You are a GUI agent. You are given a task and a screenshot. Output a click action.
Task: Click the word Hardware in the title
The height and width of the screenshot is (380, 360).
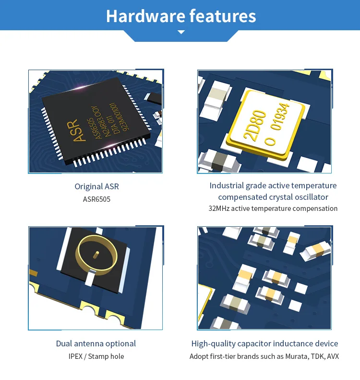click(x=145, y=16)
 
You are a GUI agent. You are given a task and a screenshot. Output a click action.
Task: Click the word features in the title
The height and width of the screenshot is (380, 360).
click(x=223, y=16)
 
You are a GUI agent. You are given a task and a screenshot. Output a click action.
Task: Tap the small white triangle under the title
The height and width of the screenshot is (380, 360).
click(x=181, y=32)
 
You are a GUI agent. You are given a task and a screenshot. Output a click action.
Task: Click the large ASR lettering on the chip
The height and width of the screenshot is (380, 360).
click(x=76, y=130)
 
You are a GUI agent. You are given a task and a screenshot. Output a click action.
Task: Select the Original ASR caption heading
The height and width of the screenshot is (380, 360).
click(x=96, y=186)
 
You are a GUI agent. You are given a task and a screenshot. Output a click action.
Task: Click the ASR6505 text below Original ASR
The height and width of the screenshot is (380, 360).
click(x=96, y=199)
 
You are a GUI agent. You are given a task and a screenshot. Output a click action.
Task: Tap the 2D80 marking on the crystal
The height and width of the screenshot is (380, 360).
click(x=255, y=125)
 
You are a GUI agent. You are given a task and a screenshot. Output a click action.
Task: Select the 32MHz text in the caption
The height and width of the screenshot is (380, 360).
click(x=219, y=208)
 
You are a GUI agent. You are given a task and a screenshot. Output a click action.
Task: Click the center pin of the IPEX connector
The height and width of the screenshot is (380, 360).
click(x=96, y=255)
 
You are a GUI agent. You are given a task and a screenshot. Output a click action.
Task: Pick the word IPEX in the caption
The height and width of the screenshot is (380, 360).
click(x=75, y=356)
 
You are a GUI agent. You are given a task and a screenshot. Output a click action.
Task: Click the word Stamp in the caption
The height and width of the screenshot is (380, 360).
click(x=97, y=356)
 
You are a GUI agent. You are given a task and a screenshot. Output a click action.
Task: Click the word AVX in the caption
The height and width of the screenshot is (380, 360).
click(x=333, y=356)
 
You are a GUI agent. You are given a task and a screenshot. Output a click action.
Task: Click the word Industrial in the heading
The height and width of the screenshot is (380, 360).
click(x=227, y=185)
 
